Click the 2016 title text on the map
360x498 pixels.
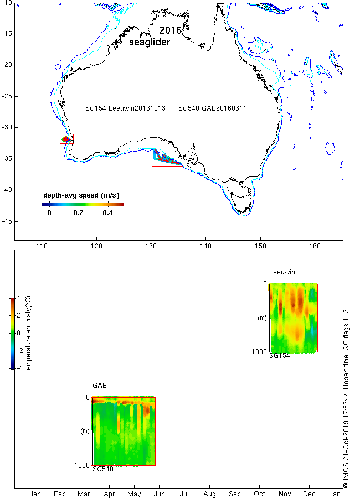171,30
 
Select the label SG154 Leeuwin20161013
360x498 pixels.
126,109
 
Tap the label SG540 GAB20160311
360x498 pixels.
212,109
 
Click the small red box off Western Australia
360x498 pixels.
67,138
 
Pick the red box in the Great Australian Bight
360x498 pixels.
167,156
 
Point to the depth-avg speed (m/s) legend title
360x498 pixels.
81,195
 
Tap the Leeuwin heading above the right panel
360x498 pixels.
282,272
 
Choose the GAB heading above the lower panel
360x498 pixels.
100,385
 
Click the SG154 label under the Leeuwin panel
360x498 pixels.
280,356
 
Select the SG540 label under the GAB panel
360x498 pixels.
103,469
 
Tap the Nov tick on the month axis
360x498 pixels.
285,493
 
